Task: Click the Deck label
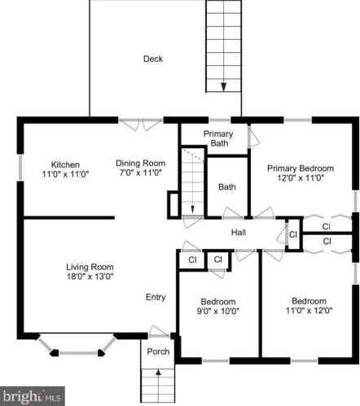coord(152,59)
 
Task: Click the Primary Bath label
coord(218,139)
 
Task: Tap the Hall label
coord(239,234)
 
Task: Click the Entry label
coord(156,298)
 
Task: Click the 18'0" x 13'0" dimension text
coord(90,277)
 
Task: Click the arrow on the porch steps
coord(158,376)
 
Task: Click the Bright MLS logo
coord(33,397)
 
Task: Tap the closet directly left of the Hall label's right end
coord(292,236)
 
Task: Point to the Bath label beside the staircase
coord(226,187)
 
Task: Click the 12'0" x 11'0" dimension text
coord(301,177)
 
